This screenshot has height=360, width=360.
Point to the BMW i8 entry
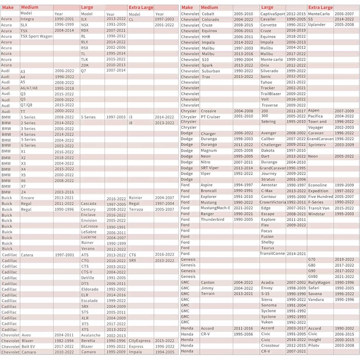tap(131, 123)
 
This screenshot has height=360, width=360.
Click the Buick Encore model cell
tap(27, 198)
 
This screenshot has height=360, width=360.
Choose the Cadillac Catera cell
tap(27, 255)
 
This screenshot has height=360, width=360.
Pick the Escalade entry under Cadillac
tap(89, 300)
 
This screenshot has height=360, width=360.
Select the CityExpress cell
tap(139, 341)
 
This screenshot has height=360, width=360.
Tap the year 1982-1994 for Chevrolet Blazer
tap(64, 341)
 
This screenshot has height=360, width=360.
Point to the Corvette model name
tap(269, 25)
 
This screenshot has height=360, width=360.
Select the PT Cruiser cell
tap(212, 117)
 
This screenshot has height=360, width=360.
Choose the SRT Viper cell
tap(210, 168)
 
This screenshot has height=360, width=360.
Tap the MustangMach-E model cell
tap(216, 208)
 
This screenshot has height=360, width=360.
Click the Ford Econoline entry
tap(318, 185)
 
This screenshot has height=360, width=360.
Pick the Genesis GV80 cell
tap(314, 277)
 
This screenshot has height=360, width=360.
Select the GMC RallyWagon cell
tap(319, 283)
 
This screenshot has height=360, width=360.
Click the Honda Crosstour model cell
tap(271, 346)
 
